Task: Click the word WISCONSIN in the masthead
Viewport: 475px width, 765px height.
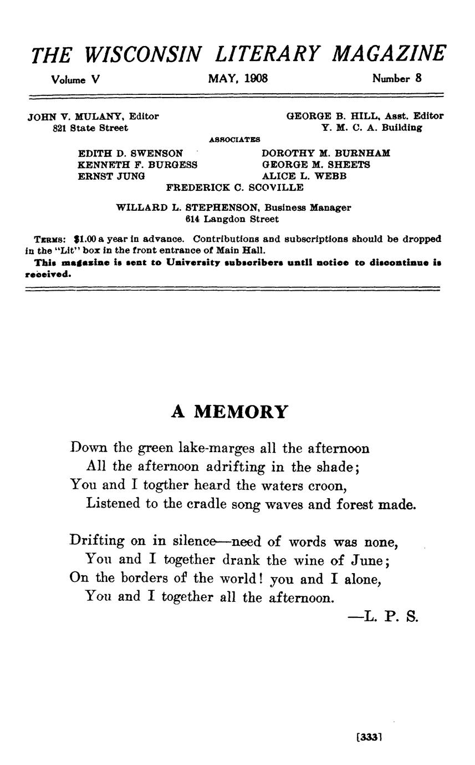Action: [x=144, y=54]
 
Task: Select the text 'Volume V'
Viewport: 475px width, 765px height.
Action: [x=75, y=79]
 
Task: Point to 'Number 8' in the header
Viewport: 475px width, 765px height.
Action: [x=397, y=79]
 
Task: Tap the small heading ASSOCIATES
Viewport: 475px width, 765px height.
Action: [x=234, y=140]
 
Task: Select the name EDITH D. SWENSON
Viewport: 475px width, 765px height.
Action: [x=130, y=153]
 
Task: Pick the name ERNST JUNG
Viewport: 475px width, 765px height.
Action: [x=111, y=176]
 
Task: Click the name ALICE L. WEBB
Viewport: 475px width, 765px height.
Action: [x=304, y=176]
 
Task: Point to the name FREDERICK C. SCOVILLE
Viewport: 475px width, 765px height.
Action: [x=235, y=188]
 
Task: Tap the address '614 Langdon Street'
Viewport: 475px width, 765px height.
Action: [x=232, y=219]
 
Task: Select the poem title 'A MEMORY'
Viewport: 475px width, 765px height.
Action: [x=229, y=412]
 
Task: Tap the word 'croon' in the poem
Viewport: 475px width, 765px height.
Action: [x=330, y=485]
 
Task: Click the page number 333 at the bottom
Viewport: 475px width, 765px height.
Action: [x=369, y=738]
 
